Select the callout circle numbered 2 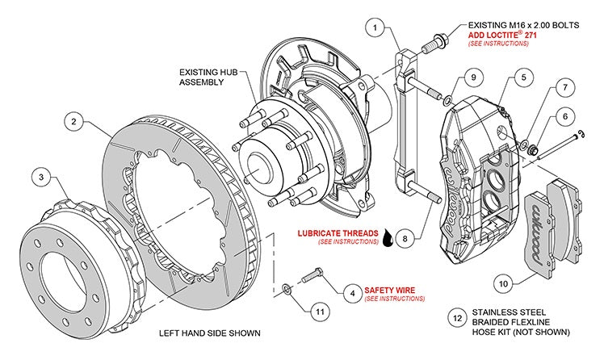tap(73, 123)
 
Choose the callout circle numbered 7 tap(564, 86)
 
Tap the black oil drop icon tap(391, 237)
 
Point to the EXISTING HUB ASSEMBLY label tap(206, 77)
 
